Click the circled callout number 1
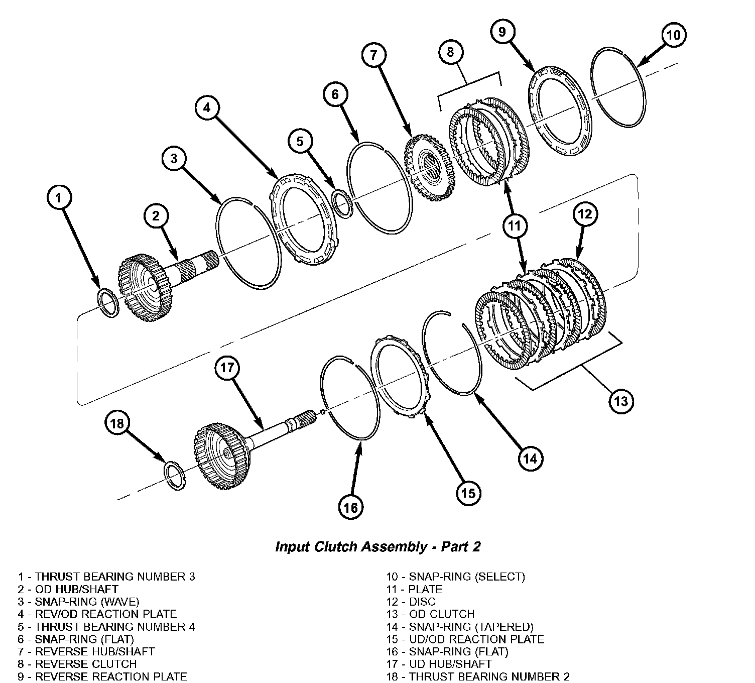click(59, 197)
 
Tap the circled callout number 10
click(673, 35)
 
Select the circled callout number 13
click(620, 401)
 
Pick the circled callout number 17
click(227, 368)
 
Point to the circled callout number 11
click(515, 226)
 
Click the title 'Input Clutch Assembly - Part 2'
click(378, 547)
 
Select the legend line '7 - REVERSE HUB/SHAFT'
click(86, 651)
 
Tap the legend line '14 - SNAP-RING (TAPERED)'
click(460, 627)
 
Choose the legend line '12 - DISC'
click(411, 602)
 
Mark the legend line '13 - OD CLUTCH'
click(430, 614)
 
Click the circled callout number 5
click(300, 142)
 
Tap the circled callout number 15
click(468, 493)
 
